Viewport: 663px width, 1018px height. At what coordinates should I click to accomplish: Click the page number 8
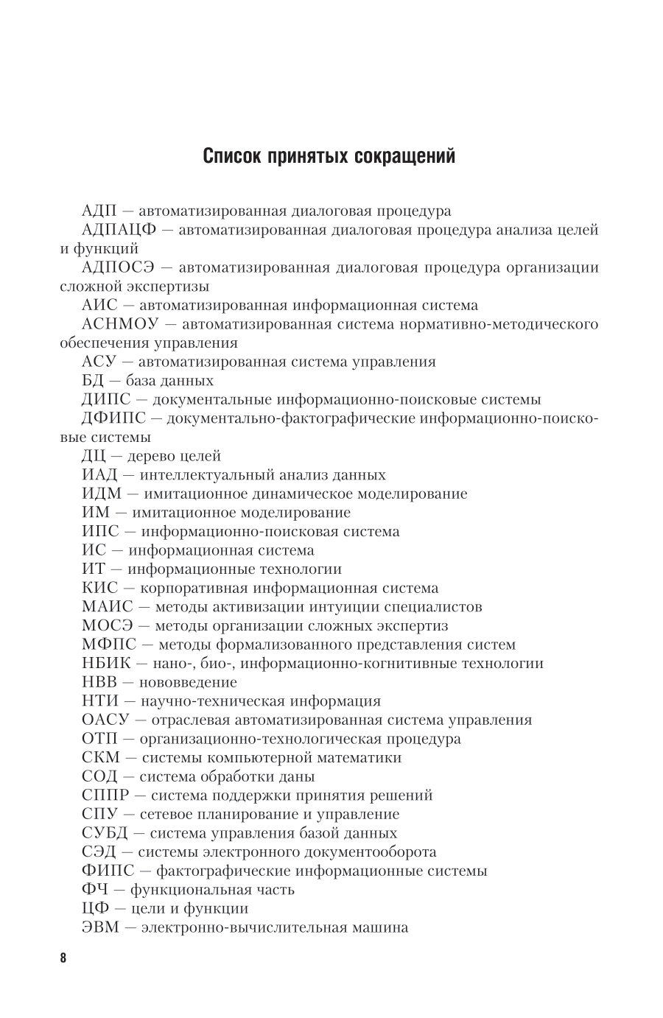[63, 958]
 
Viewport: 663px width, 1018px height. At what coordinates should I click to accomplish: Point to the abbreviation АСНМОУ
[120, 324]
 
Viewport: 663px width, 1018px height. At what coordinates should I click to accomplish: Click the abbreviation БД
[94, 381]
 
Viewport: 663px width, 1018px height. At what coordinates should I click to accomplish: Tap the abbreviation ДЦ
[95, 457]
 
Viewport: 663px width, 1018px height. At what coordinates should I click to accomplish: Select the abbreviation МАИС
[108, 607]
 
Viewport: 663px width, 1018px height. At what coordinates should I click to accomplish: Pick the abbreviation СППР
[108, 796]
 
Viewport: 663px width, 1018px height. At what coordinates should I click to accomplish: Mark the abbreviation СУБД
[105, 833]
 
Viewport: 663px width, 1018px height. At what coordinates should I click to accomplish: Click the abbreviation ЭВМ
[100, 927]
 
